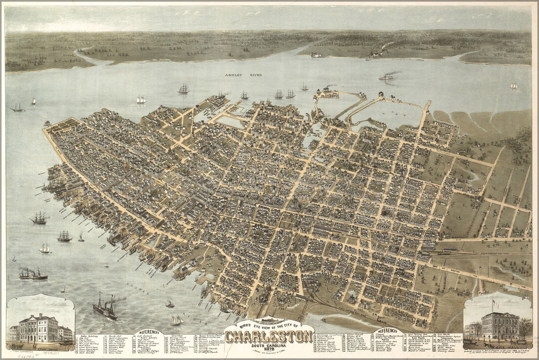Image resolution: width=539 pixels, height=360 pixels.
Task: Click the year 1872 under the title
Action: tap(269, 349)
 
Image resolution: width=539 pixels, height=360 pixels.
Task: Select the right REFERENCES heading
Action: tap(388, 331)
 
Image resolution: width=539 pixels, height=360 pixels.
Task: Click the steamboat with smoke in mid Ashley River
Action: tap(386, 77)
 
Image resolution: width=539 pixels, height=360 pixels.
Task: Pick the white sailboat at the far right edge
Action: tap(513, 86)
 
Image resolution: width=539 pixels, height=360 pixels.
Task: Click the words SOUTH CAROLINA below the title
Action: tap(269, 345)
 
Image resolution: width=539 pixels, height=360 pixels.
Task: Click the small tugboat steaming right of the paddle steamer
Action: tap(170, 304)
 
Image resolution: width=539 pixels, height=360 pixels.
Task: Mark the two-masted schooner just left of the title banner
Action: tap(177, 320)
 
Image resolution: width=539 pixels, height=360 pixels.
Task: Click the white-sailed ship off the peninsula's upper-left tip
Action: tap(140, 99)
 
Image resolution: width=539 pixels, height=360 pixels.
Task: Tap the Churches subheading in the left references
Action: tap(175, 337)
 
